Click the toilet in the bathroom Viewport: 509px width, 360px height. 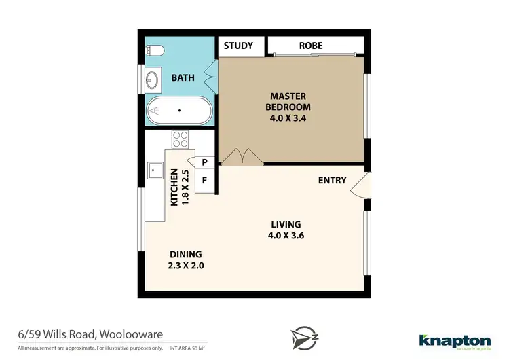(153, 50)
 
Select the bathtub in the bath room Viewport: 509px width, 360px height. (180, 110)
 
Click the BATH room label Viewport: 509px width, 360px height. (183, 77)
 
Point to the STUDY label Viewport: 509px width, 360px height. (238, 46)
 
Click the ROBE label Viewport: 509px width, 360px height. (311, 46)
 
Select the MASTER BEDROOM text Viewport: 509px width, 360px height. (290, 101)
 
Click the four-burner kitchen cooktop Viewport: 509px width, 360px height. (180, 139)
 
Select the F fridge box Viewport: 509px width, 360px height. (204, 181)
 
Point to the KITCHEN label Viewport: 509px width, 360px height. (174, 187)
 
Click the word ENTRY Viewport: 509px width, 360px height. (333, 180)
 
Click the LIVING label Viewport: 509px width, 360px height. (286, 224)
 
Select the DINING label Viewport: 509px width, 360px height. (186, 254)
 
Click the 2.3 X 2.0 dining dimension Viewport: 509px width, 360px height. (186, 266)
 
